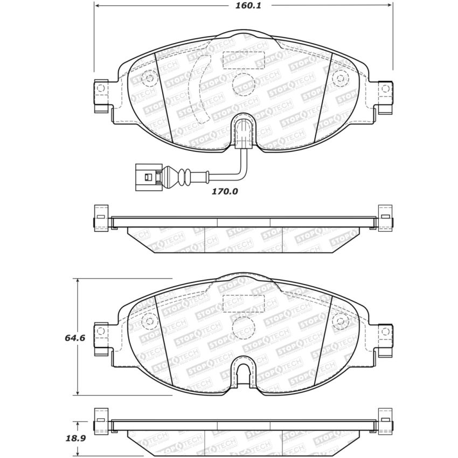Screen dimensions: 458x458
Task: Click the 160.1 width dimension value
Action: [243, 6]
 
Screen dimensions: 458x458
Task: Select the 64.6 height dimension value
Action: [60, 338]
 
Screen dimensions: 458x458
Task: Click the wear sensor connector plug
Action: [145, 176]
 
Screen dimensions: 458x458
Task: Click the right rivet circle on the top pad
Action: [338, 78]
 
